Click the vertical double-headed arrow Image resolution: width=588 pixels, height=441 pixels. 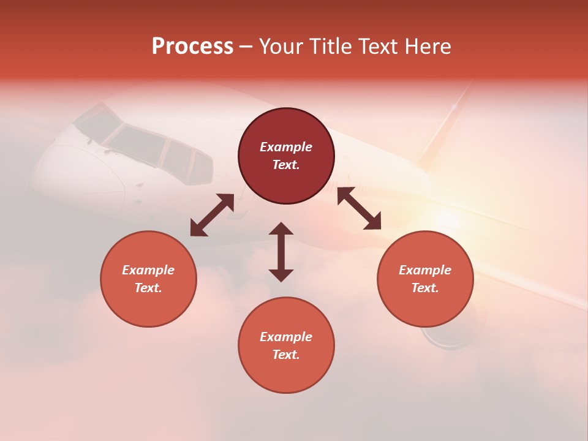tap(281, 252)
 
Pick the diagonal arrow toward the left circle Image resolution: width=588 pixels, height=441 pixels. tap(212, 215)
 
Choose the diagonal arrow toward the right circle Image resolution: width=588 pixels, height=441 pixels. tap(360, 208)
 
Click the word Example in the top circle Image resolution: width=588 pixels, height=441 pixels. tap(286, 147)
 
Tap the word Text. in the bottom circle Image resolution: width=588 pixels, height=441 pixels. tap(286, 355)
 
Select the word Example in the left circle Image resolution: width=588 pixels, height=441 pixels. tap(148, 270)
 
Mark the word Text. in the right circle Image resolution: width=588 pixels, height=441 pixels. tap(425, 288)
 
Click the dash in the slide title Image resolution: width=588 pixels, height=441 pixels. tap(246, 47)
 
